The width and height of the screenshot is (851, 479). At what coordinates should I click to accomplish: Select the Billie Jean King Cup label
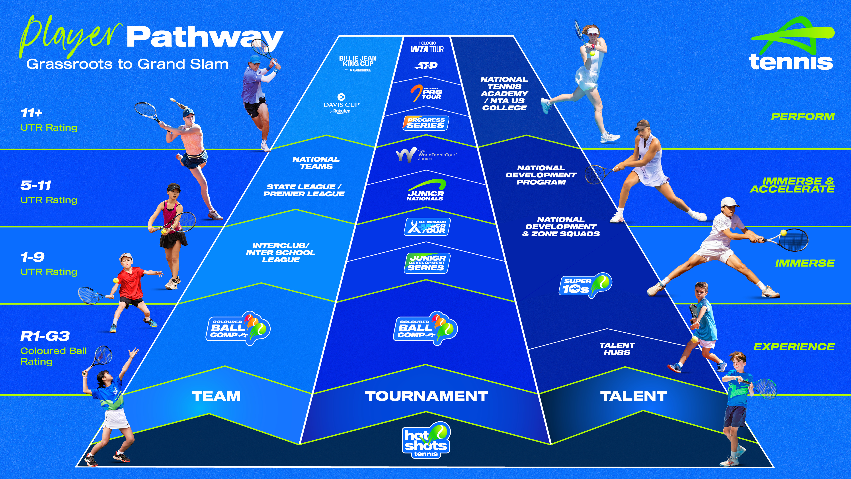(x=358, y=63)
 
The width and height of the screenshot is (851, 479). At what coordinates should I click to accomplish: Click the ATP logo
(x=426, y=66)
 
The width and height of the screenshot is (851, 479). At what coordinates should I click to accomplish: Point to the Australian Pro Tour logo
(x=426, y=93)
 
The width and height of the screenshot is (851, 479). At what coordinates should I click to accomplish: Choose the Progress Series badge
(x=425, y=123)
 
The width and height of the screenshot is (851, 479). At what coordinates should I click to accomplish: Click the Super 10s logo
(x=585, y=285)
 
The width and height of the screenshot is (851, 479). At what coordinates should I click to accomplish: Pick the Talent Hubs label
(x=617, y=349)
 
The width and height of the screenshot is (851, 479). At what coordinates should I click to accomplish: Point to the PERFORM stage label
(x=802, y=117)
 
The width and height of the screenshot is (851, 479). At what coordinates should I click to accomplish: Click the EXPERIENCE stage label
(x=794, y=347)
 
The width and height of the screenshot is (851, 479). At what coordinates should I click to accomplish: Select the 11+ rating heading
(x=31, y=113)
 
